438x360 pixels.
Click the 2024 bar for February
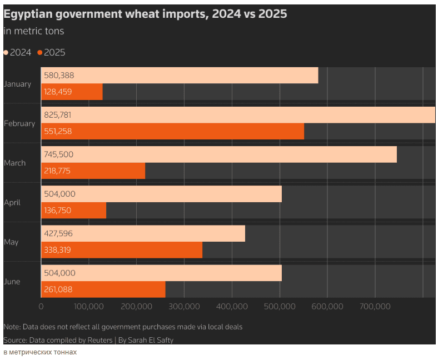tap(238, 115)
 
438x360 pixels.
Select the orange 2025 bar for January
tap(72, 92)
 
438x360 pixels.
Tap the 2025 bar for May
tap(122, 250)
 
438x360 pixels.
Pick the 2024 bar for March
tap(219, 154)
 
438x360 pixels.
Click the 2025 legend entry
tap(51, 53)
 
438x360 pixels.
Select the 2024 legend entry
tap(17, 53)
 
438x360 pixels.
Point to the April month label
tap(12, 203)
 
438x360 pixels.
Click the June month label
tap(12, 282)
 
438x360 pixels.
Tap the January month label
tap(17, 84)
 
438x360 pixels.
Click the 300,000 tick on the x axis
tap(184, 307)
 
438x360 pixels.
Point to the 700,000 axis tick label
tap(375, 307)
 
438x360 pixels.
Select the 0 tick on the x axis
tap(41, 307)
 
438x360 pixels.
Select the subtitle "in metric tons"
tap(34, 31)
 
